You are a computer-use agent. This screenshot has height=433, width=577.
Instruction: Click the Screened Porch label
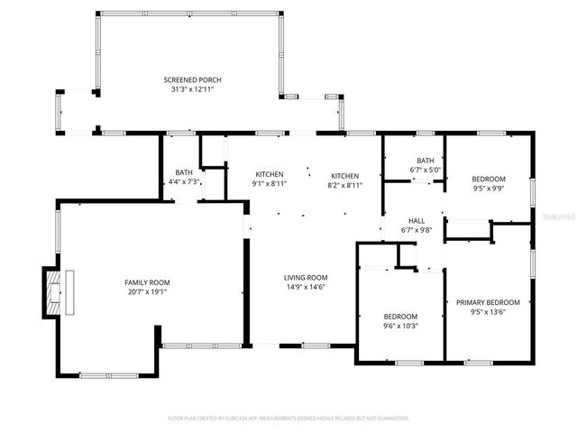[192, 80]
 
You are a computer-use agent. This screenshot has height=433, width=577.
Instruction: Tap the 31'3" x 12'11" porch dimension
[192, 89]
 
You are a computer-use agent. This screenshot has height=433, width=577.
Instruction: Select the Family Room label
[147, 282]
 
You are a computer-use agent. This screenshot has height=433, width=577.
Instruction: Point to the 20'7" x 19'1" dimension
[147, 291]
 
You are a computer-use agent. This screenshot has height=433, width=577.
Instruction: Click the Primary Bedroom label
[488, 302]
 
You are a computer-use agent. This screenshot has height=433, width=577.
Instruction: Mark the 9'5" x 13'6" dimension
[488, 311]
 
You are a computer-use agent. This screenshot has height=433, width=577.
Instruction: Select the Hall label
[417, 221]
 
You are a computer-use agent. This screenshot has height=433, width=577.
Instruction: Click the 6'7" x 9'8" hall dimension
[417, 230]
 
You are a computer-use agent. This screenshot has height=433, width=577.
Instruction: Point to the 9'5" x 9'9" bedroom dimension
[489, 189]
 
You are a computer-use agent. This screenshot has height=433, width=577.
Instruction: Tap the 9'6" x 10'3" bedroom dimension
[400, 326]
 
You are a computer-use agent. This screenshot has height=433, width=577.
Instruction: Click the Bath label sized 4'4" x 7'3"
[184, 172]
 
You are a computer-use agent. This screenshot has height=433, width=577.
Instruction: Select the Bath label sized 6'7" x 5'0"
[426, 161]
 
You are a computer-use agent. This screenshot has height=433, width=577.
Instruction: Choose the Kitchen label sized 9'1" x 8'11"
[270, 175]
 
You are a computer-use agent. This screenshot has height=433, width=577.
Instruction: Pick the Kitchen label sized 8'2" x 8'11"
[345, 175]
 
